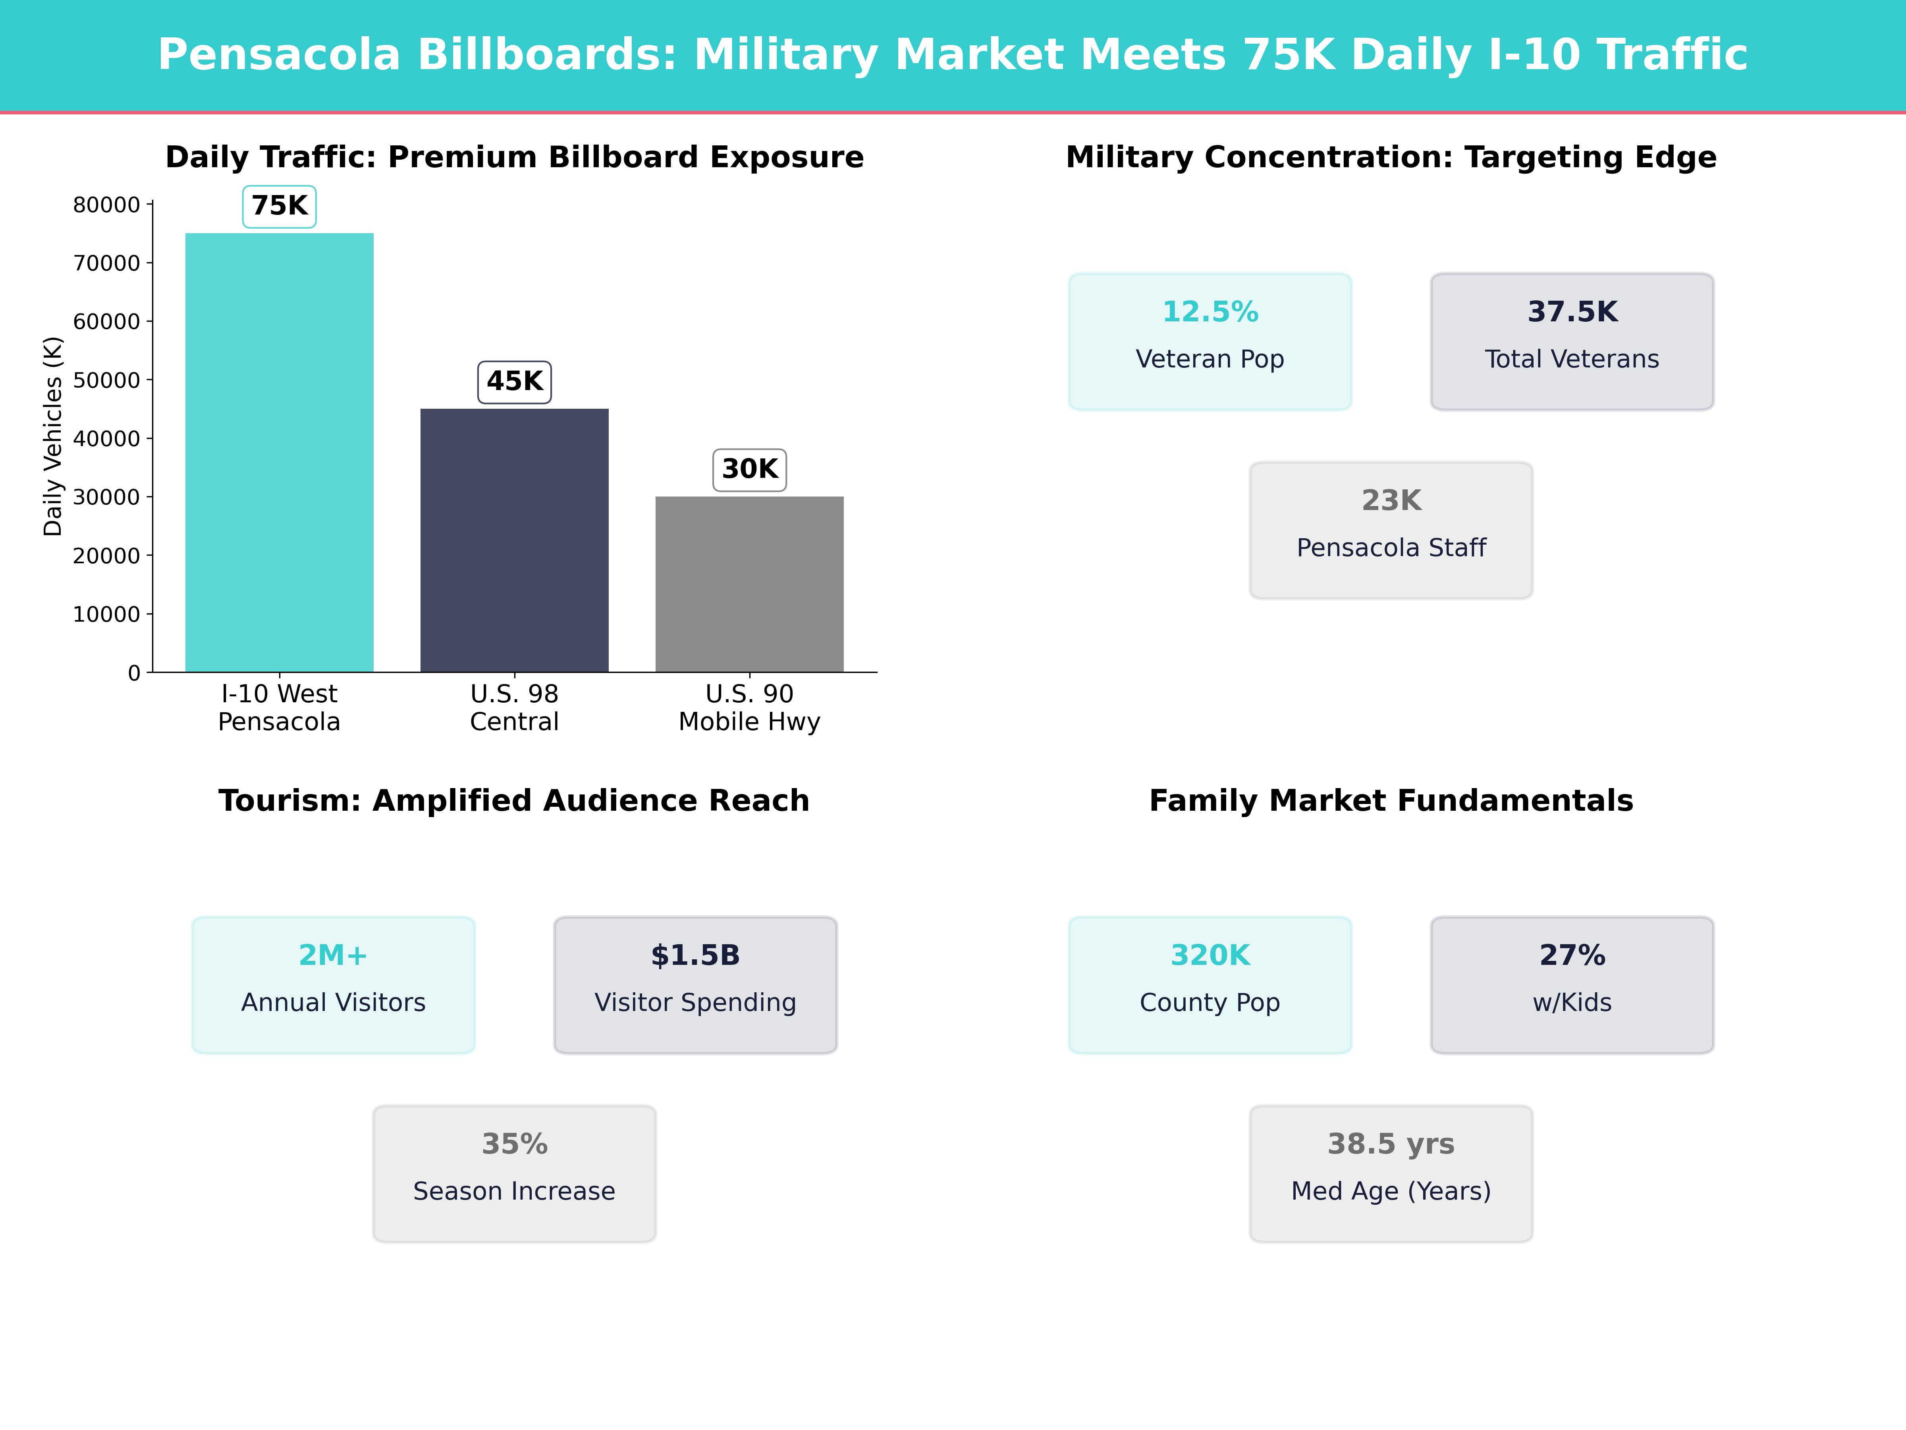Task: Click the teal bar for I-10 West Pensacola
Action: coord(279,452)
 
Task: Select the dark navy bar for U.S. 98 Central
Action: coord(514,541)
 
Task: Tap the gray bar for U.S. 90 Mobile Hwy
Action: coord(750,584)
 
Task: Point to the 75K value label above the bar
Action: coord(279,206)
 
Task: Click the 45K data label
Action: coord(514,381)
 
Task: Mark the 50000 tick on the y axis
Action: coord(106,380)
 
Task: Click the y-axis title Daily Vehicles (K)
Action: coord(54,436)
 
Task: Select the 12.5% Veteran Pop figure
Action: coord(1210,312)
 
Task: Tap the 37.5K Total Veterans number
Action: coord(1572,312)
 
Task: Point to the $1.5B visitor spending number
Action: coord(695,955)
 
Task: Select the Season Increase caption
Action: coord(514,1191)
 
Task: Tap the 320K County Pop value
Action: coord(1210,955)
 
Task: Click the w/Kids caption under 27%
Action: coord(1572,1003)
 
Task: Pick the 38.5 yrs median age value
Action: coord(1391,1144)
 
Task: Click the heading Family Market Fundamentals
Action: coord(1391,801)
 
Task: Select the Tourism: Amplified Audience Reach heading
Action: coord(514,801)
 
